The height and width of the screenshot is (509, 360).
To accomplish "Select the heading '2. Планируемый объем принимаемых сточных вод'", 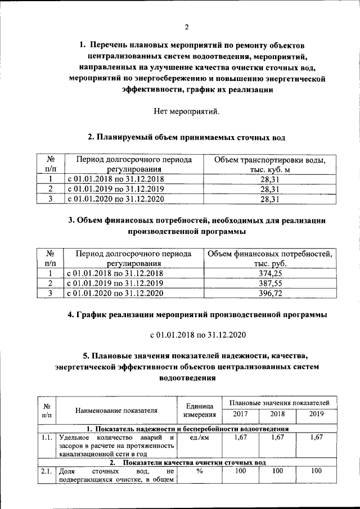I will coord(186,136).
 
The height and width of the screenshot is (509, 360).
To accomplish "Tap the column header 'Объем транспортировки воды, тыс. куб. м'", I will coord(271,164).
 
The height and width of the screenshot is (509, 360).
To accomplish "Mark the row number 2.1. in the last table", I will coord(47,471).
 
